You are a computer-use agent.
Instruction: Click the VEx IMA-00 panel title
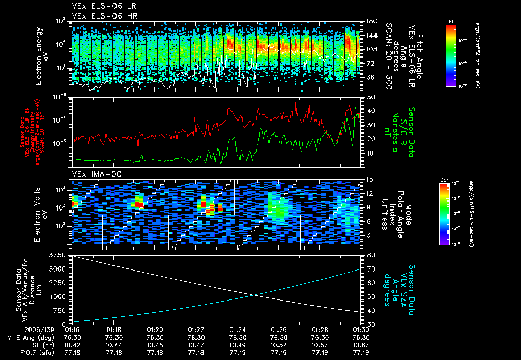[x=92, y=174]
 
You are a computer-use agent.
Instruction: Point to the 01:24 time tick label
[x=238, y=329]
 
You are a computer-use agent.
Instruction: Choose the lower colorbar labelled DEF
[x=446, y=214]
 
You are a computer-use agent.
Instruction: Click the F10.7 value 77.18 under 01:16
[x=72, y=351]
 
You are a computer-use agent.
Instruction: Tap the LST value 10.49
[x=238, y=344]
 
